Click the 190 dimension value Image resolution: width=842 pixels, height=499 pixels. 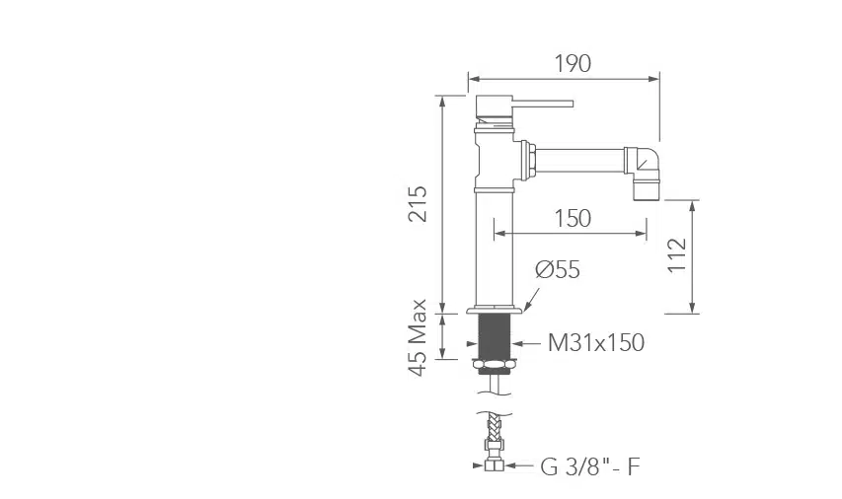[573, 63]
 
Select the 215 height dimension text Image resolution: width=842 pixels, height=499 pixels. [418, 204]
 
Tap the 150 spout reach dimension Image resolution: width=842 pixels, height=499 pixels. [573, 218]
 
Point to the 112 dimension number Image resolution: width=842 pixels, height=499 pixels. [677, 254]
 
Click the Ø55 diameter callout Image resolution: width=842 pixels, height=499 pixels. [558, 269]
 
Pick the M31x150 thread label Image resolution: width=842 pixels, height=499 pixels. [596, 343]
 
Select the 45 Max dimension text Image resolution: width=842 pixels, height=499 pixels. [418, 337]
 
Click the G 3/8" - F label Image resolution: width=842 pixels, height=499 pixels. [590, 466]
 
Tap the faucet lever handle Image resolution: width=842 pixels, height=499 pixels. [542, 103]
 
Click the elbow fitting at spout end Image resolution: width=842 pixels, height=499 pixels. [643, 168]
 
